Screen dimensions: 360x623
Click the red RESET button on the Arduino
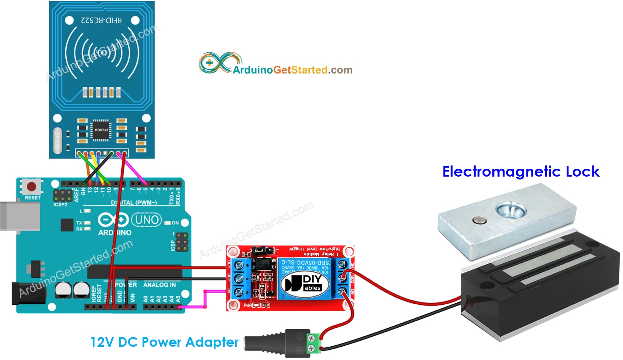click(32, 187)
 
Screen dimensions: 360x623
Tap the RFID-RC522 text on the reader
click(101, 20)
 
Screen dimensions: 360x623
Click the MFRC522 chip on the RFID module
click(101, 130)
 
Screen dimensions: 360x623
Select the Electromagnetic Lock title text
click(521, 172)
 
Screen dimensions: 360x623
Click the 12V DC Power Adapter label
click(164, 342)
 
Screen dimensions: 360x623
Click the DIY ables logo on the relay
click(305, 284)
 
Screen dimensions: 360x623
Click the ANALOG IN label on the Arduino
click(159, 285)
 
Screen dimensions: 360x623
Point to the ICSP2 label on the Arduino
click(60, 205)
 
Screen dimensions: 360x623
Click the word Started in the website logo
click(309, 70)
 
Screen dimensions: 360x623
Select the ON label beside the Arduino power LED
click(175, 223)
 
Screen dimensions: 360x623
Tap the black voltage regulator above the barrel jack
click(36, 269)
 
